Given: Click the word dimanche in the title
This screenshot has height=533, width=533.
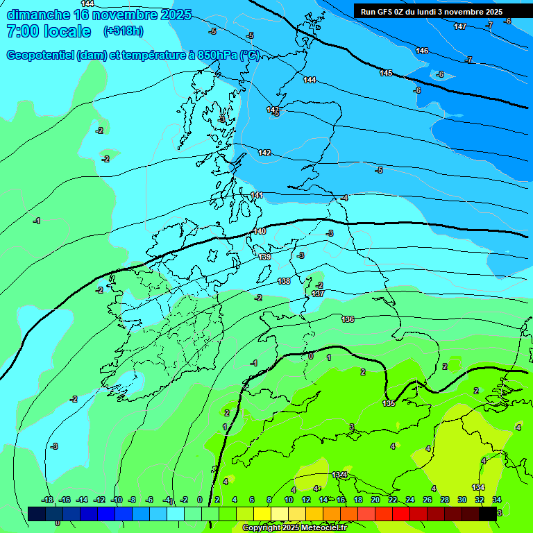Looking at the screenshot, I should pyautogui.click(x=36, y=15).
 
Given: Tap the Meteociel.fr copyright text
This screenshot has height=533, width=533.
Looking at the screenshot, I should pyautogui.click(x=294, y=528).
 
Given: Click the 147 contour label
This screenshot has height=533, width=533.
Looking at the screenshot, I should pyautogui.click(x=460, y=26).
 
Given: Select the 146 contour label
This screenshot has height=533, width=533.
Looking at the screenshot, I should pyautogui.click(x=422, y=51).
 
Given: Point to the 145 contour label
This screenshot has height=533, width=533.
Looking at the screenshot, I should pyautogui.click(x=386, y=73).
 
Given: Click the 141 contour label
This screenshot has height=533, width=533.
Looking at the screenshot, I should pyautogui.click(x=257, y=195).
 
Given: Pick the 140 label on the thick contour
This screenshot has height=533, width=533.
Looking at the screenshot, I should pyautogui.click(x=260, y=231).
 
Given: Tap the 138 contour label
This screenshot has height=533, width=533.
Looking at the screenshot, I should pyautogui.click(x=284, y=281).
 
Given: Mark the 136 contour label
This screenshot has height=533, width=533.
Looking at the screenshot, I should pyautogui.click(x=348, y=319).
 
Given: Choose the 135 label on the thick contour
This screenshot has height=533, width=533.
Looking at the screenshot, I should pyautogui.click(x=389, y=403).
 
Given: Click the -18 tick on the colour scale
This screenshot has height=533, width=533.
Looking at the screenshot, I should pyautogui.click(x=47, y=500).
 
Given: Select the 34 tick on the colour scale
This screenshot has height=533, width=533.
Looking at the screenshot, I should pyautogui.click(x=497, y=500).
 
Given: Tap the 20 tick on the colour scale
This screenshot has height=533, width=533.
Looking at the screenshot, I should pyautogui.click(x=375, y=500).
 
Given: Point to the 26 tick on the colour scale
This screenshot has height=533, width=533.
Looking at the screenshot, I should pyautogui.click(x=427, y=500).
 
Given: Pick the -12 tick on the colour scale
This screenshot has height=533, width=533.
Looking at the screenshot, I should pyautogui.click(x=99, y=500).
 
